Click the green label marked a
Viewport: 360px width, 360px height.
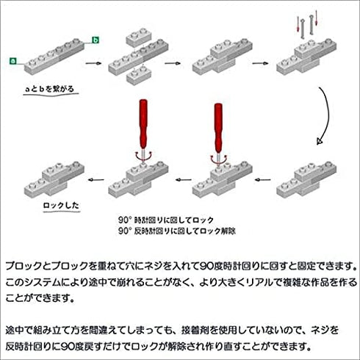(12, 61)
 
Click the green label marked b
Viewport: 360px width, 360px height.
(96, 40)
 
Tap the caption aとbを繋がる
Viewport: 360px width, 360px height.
(49, 89)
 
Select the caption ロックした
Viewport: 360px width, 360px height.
(61, 205)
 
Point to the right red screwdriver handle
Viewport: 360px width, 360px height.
(218, 127)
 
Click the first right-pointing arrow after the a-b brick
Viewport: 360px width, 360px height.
(93, 63)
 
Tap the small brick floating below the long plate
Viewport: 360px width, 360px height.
(139, 75)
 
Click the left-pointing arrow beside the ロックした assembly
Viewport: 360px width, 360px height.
(96, 180)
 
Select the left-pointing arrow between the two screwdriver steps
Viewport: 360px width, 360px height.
(184, 180)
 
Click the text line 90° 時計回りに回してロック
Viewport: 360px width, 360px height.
(166, 220)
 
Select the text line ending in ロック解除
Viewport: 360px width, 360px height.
(176, 231)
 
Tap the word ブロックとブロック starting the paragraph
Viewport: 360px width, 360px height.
(47, 266)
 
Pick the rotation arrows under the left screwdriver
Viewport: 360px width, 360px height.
(143, 156)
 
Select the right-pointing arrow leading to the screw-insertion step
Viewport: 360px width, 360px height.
(260, 63)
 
